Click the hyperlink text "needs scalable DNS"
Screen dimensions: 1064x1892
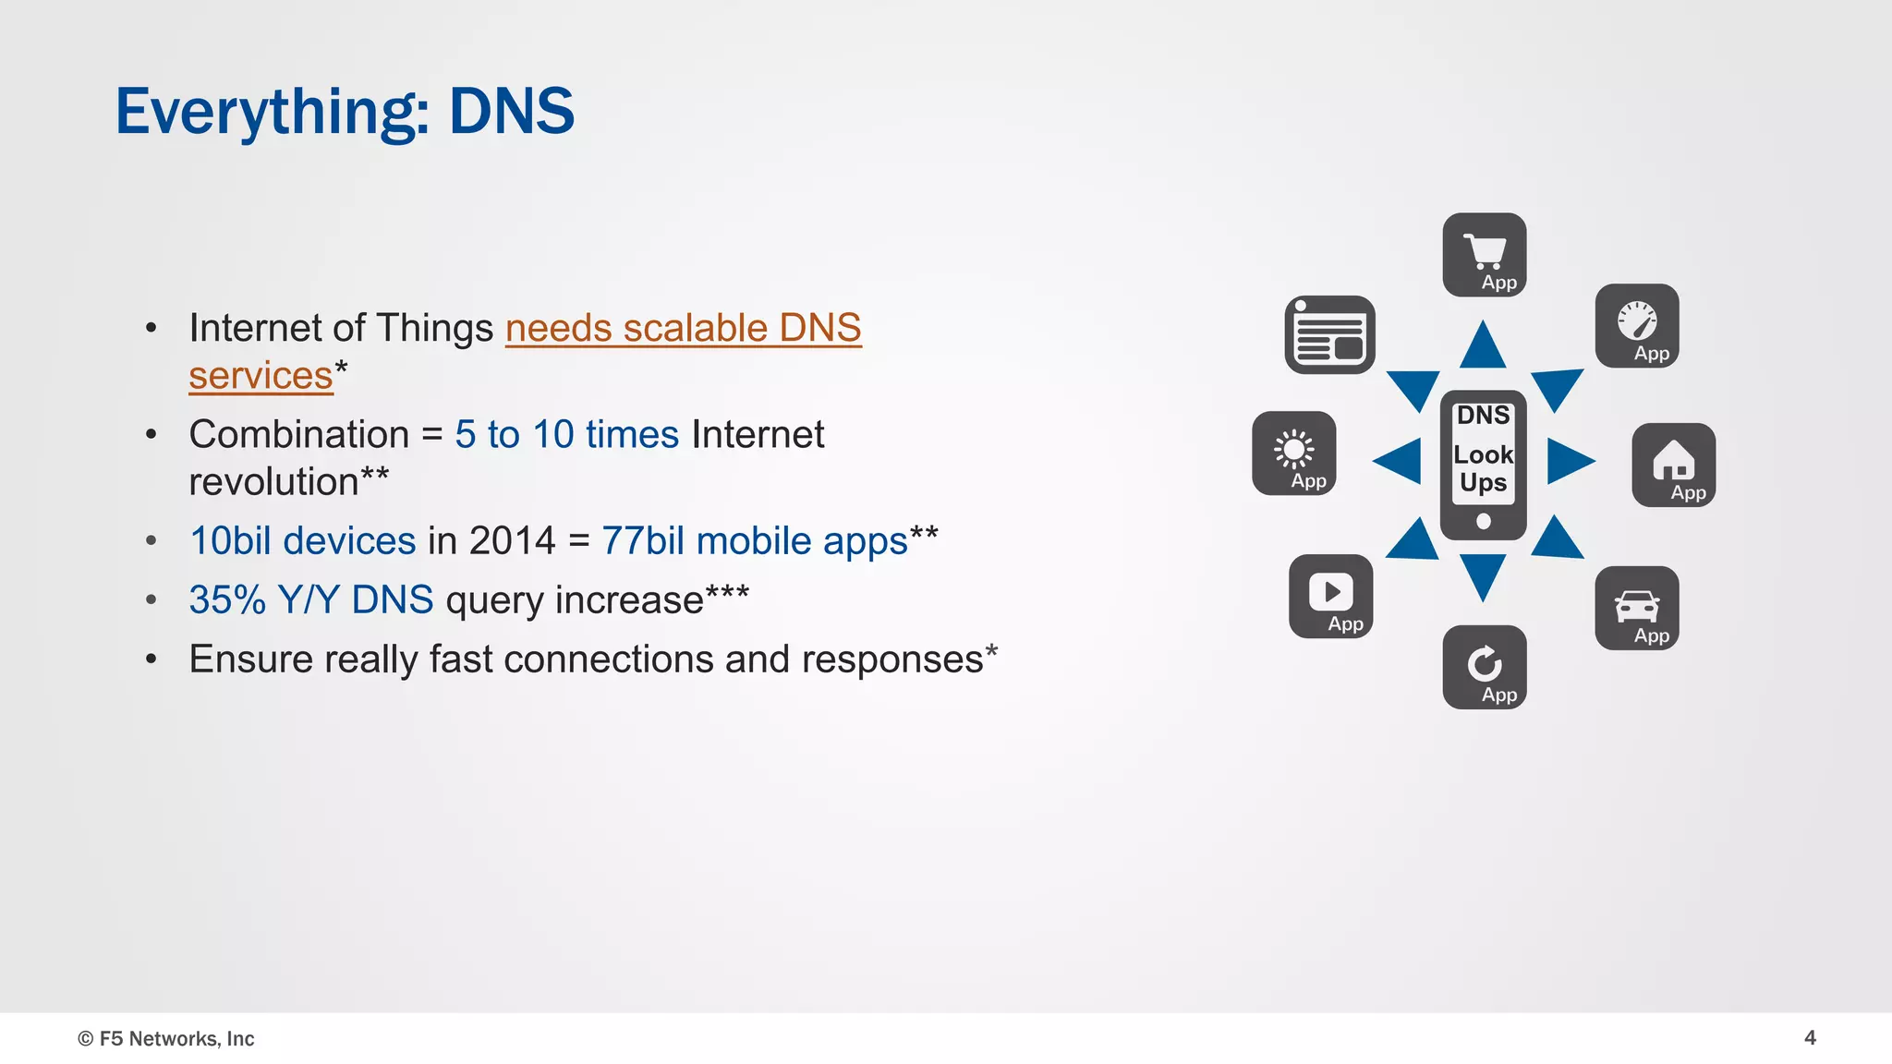pos(683,329)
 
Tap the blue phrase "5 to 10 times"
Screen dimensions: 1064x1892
pos(566,434)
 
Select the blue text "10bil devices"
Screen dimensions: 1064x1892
pos(303,541)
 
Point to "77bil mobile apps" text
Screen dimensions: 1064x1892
pos(755,541)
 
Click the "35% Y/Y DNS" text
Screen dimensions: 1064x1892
pos(311,600)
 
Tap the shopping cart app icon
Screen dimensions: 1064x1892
pos(1485,255)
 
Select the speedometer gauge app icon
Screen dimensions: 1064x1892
pos(1637,325)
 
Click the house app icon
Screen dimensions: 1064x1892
pos(1674,465)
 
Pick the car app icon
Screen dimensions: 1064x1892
pos(1637,608)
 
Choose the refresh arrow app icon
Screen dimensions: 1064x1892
pos(1485,667)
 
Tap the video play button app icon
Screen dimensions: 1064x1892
pos(1331,596)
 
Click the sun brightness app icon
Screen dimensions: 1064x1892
pos(1294,453)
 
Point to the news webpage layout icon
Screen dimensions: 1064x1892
pos(1330,334)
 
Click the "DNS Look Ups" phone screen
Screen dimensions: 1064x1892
pos(1484,453)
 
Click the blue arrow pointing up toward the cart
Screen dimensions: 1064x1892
pos(1483,346)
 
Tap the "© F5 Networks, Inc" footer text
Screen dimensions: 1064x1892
pos(166,1039)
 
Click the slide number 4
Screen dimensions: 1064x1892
pos(1810,1038)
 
